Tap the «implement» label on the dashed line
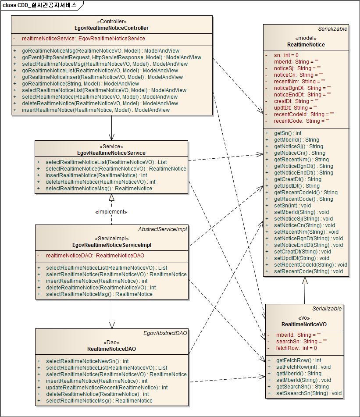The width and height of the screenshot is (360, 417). pos(111,212)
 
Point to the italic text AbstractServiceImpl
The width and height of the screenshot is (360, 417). pos(163,229)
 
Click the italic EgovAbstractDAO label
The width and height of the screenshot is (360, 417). pos(165,333)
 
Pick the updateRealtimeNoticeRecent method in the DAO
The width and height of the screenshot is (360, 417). pos(107,388)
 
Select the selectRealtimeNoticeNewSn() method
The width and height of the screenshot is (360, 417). pos(87,361)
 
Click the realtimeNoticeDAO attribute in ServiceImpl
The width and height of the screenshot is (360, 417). pos(95,256)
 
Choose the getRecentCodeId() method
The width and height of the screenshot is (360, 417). pos(306,192)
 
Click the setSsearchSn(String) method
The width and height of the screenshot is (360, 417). pos(309,393)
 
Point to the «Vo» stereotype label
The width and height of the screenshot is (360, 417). pos(304,318)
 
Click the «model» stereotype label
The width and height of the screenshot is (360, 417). pos(306,38)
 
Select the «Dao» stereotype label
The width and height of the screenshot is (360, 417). pos(111,342)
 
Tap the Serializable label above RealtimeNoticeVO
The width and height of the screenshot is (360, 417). pos(327,309)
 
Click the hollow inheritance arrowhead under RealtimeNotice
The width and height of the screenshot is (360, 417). pos(305,281)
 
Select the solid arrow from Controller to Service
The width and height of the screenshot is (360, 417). pos(112,128)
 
